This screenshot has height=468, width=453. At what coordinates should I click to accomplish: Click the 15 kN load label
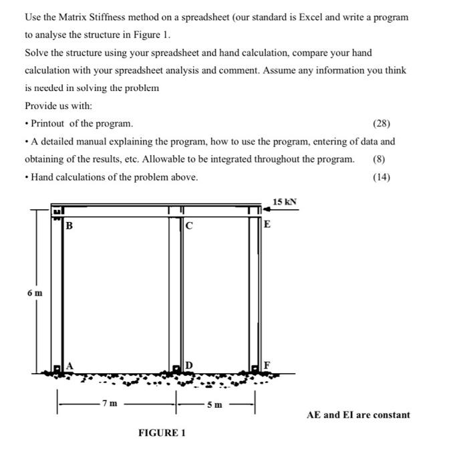285,201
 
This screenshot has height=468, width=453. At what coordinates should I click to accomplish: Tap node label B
69,225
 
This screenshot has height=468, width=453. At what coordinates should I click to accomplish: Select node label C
190,225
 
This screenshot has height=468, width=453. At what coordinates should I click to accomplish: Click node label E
267,225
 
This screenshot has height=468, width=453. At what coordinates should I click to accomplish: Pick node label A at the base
69,365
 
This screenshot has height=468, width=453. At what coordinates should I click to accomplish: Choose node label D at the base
189,365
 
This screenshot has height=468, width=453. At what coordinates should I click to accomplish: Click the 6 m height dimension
35,293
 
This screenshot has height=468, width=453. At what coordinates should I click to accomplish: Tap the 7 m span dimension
109,404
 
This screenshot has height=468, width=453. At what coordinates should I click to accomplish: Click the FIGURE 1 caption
162,433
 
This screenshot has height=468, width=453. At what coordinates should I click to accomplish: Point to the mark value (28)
382,124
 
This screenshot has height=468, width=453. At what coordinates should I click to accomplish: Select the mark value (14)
382,177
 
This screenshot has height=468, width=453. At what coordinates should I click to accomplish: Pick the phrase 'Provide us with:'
59,106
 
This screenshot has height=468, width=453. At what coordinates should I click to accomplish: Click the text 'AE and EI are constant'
358,415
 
